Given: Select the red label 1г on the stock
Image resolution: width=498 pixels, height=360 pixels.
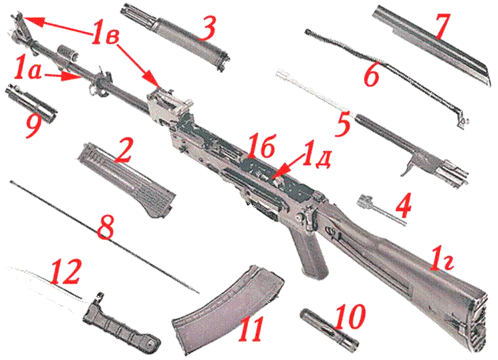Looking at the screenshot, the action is coord(441,258).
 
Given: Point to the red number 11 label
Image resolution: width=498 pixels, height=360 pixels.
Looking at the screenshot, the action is coord(251,329).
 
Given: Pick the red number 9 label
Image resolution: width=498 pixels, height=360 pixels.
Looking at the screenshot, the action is coord(34,124).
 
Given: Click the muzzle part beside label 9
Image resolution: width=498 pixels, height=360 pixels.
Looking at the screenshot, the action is coord(31,103).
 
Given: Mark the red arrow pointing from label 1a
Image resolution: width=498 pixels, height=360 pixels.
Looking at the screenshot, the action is coord(63,76).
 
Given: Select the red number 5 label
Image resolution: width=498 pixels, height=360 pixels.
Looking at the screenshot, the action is coord(343,123).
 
